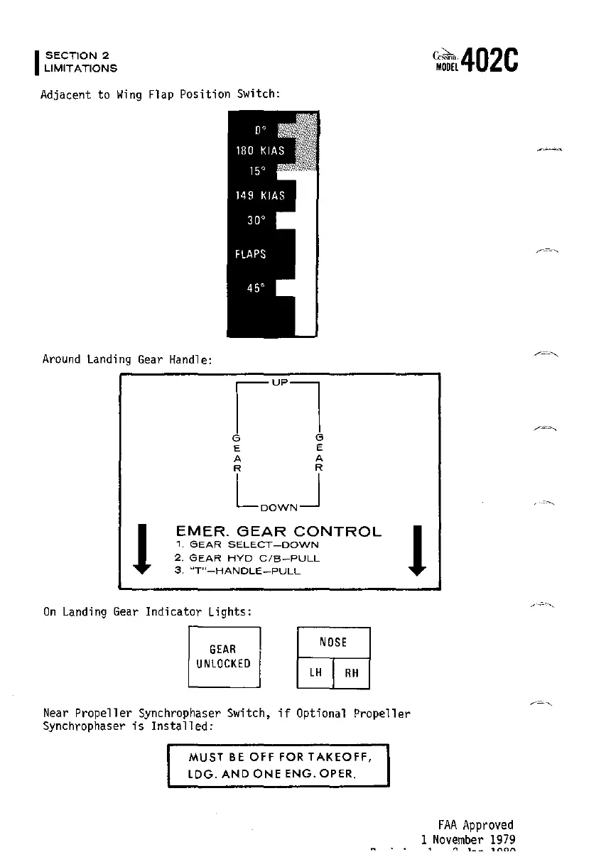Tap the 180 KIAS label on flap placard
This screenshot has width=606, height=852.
(260, 151)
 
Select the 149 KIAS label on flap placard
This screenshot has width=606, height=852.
(260, 195)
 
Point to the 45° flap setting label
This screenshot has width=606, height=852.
(256, 288)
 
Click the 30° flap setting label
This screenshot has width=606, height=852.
(256, 220)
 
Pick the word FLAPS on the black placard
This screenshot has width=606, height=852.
(251, 254)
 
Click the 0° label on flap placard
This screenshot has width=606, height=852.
(260, 131)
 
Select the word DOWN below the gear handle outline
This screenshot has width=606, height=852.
(278, 508)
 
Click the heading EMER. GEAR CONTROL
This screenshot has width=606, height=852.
(278, 531)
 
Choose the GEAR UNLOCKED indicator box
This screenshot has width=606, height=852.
(224, 657)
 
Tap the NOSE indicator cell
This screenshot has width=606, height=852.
(333, 643)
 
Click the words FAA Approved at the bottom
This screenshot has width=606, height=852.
(475, 825)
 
